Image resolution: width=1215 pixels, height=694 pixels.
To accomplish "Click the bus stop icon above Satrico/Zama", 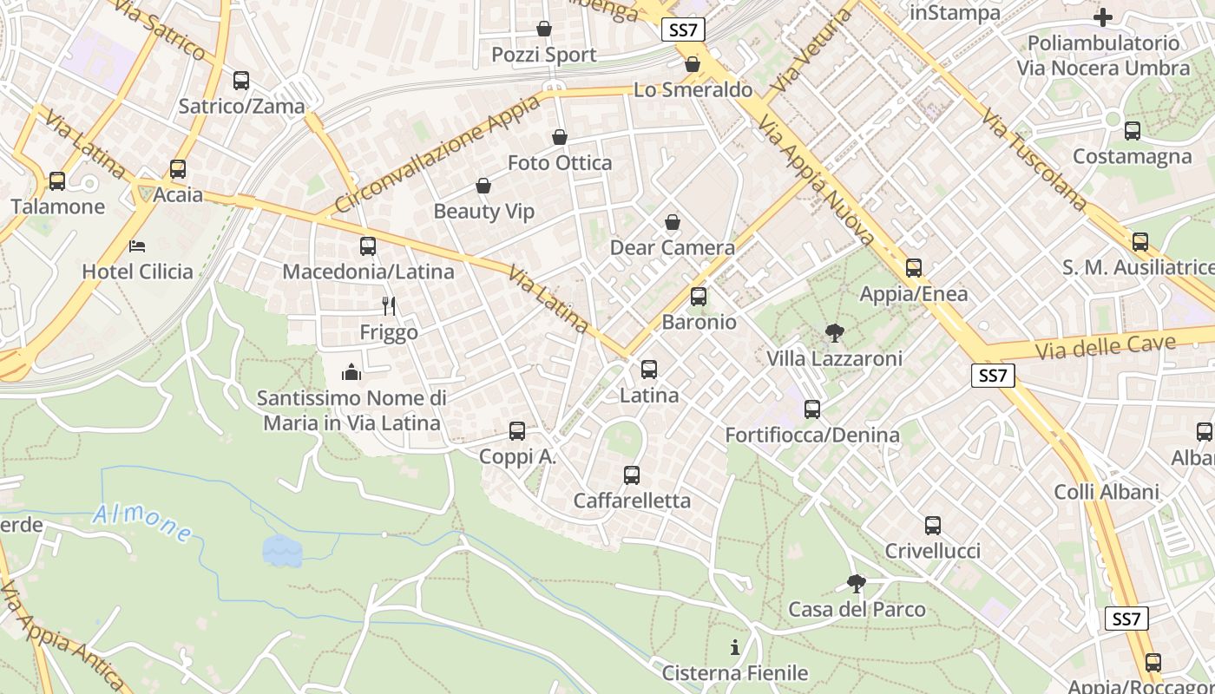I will pos(241,81).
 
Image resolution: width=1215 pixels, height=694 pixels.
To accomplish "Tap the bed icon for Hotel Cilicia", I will pos(137,246).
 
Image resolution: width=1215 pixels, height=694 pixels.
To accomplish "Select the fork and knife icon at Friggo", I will pos(389,306).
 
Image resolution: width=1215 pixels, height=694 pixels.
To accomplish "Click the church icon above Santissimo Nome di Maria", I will pos(351,372).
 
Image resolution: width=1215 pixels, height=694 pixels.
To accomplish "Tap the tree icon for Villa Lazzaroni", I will pos(834,332).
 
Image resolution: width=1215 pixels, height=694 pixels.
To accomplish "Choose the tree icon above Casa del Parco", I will pos(857,583).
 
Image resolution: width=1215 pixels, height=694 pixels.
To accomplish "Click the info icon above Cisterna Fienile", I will pos(735,647).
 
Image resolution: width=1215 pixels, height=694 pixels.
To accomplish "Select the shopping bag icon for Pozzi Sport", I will pos(544,29).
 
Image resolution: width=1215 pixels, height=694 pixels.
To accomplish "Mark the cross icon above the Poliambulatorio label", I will pos(1103,16).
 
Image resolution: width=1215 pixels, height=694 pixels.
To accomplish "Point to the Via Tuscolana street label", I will pos(1034,160).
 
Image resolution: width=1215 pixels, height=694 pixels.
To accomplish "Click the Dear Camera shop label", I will pos(673,248).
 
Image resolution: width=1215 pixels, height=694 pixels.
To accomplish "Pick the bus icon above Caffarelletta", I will pos(632,475).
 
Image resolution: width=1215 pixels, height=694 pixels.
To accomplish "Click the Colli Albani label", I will pos(1107,492).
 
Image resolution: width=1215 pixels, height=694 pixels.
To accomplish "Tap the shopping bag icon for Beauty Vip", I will pos(483,186).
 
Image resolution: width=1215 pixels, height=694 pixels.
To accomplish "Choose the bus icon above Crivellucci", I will pos(933,526).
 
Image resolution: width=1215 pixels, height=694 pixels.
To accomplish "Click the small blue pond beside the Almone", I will pos(281,550).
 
